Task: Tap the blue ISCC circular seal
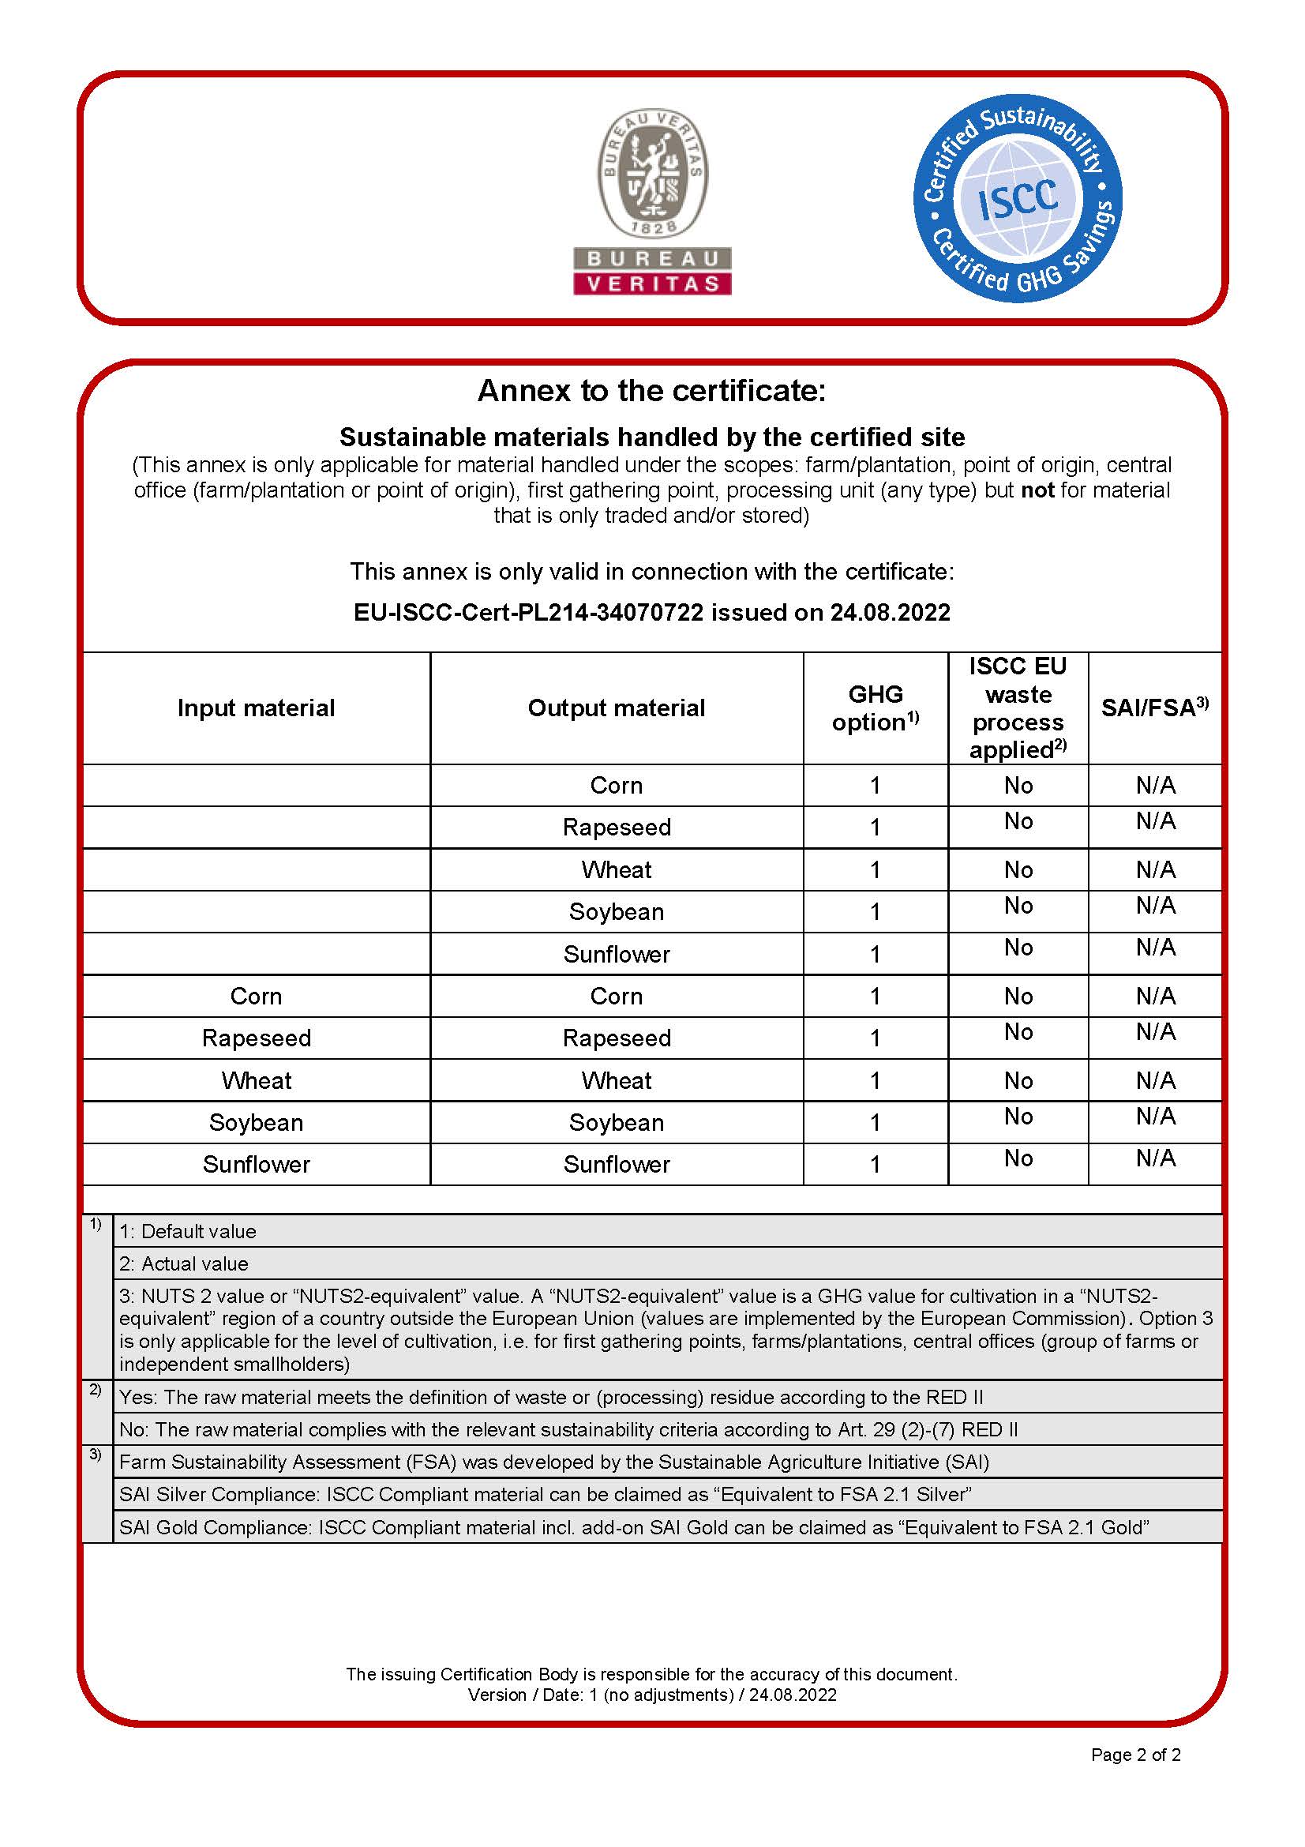tap(1017, 199)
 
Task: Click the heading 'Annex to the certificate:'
tap(651, 391)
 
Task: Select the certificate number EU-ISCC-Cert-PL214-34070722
tap(528, 612)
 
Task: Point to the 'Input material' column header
tap(256, 708)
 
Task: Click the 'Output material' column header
tap(616, 708)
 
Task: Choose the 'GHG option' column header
tap(875, 708)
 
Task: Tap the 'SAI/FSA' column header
tap(1155, 707)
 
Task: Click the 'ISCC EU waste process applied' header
tap(1017, 708)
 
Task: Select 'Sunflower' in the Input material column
tap(256, 1164)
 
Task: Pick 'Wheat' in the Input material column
tap(256, 1080)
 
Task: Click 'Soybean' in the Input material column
tap(256, 1122)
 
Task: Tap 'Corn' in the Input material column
tap(256, 996)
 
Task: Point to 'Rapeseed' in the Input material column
tap(256, 1038)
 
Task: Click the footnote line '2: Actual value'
tap(183, 1263)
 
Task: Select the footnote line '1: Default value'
tap(187, 1232)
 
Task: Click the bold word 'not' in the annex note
tap(1037, 490)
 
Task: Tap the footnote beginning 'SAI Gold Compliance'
tap(634, 1527)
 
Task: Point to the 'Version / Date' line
tap(652, 1695)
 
